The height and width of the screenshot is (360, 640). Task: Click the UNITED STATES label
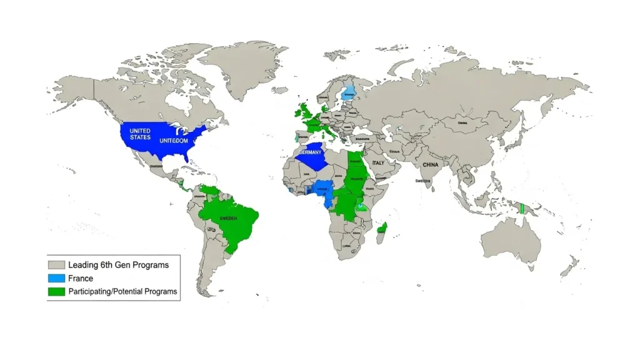(140, 134)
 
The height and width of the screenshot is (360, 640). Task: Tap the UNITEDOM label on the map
(174, 141)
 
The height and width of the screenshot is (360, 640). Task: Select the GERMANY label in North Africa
(310, 152)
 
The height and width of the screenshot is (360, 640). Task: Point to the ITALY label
(379, 163)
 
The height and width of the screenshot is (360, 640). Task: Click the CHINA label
(431, 165)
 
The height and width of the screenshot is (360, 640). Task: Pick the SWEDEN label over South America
(229, 219)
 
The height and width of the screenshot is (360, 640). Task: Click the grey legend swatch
(57, 265)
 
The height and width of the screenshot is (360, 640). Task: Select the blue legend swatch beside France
(57, 278)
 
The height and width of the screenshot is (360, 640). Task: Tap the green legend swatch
(57, 291)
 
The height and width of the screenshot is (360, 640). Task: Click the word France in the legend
(81, 278)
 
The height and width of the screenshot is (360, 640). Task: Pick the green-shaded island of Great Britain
(306, 112)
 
